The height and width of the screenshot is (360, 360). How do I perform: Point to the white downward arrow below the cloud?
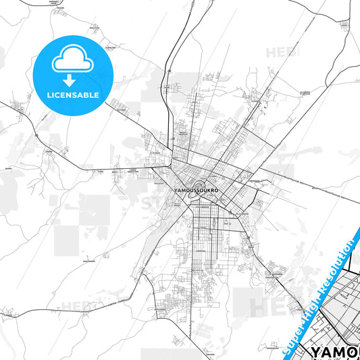70,80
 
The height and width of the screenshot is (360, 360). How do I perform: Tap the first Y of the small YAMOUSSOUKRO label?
176,190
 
